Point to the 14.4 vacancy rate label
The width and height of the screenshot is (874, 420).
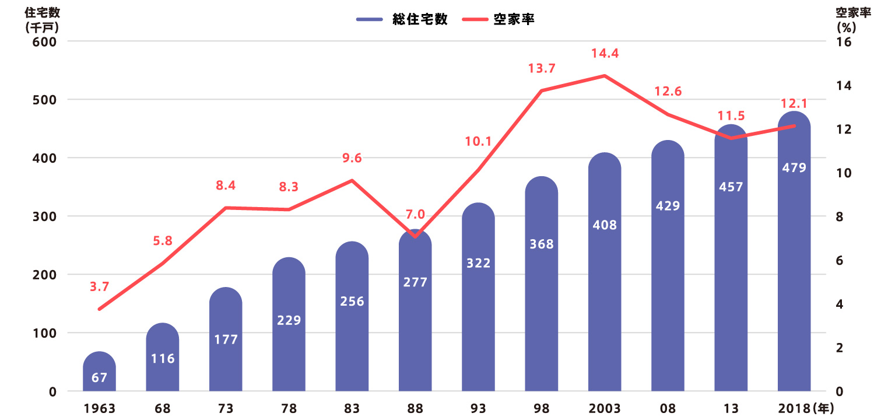605,54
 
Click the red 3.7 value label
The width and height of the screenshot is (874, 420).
99,286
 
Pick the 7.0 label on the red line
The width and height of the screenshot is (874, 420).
416,213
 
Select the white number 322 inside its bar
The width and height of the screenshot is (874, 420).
479,263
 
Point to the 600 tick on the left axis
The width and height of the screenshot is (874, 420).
44,41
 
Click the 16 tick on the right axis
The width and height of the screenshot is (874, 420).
843,42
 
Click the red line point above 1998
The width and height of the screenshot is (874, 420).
542,91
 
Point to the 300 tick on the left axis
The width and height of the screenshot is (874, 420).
44,216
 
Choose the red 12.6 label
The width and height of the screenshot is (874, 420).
668,92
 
